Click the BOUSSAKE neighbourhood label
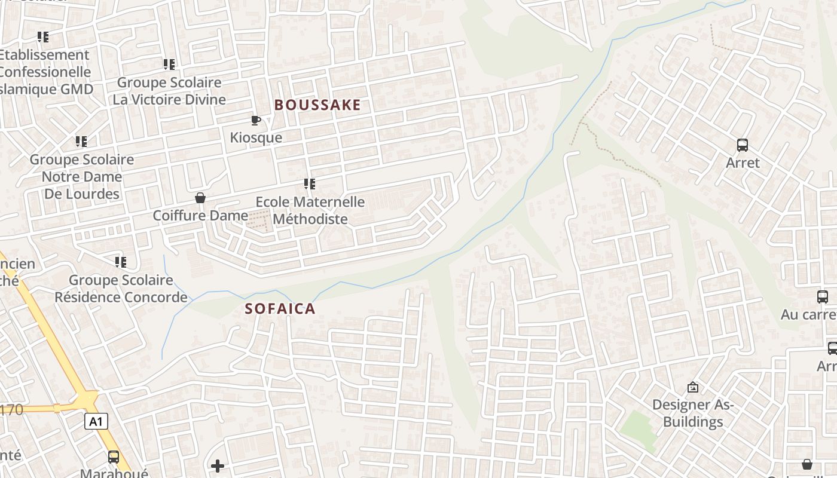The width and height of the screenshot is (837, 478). pyautogui.click(x=317, y=105)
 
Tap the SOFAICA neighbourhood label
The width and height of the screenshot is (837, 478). pyautogui.click(x=280, y=309)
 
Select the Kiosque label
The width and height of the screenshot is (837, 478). pyautogui.click(x=256, y=137)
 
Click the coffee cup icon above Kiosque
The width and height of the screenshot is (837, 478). pyautogui.click(x=256, y=121)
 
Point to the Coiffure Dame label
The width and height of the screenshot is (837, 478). pyautogui.click(x=200, y=215)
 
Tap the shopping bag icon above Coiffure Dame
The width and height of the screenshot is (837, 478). pyautogui.click(x=200, y=198)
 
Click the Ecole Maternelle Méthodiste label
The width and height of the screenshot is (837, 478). pyautogui.click(x=310, y=210)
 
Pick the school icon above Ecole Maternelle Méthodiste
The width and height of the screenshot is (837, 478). pyautogui.click(x=309, y=184)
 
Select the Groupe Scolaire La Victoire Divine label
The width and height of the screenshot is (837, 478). pyautogui.click(x=169, y=91)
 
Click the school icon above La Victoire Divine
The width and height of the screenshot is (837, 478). pyautogui.click(x=169, y=65)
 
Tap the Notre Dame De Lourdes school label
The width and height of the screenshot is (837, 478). pyautogui.click(x=82, y=177)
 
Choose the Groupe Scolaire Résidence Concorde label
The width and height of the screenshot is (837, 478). pyautogui.click(x=121, y=289)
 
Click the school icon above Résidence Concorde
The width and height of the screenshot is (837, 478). pyautogui.click(x=121, y=262)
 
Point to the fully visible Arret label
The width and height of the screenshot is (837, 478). pyautogui.click(x=743, y=163)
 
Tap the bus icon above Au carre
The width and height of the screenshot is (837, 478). pyautogui.click(x=823, y=297)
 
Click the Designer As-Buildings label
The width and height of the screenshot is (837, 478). pyautogui.click(x=693, y=413)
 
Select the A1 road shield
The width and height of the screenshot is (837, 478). pyautogui.click(x=96, y=422)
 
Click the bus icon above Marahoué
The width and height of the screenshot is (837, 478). pyautogui.click(x=114, y=458)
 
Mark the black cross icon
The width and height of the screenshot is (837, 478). pyautogui.click(x=218, y=465)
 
